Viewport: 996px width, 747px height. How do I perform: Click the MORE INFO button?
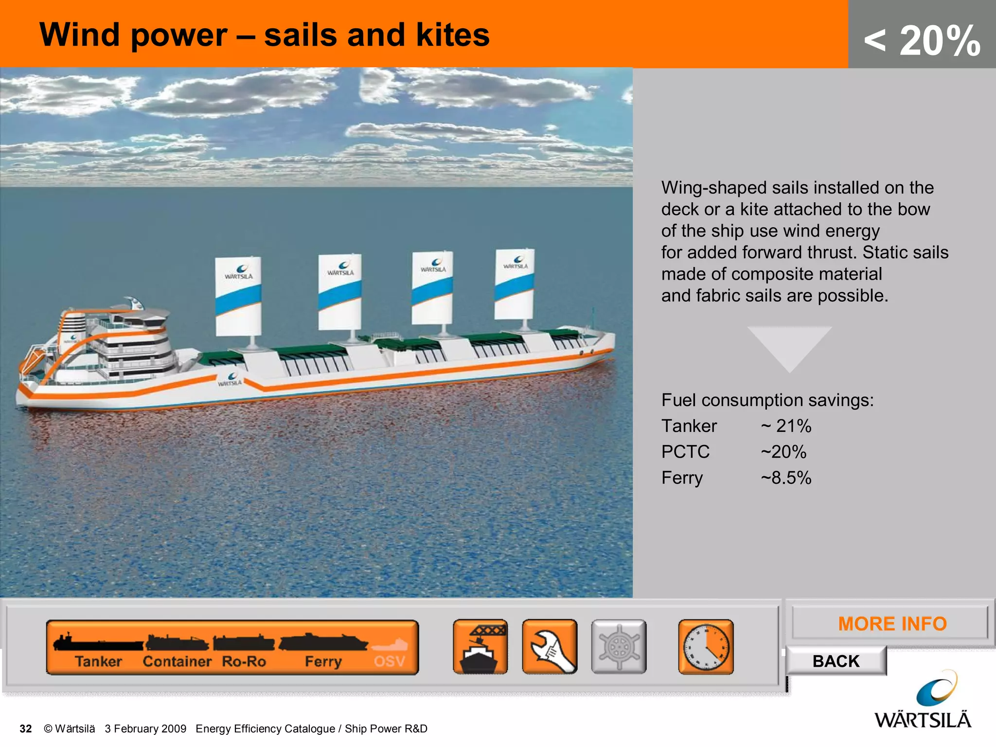[891, 623]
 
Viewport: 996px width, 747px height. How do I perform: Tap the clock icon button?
[706, 647]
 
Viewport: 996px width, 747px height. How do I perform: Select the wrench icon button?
[550, 647]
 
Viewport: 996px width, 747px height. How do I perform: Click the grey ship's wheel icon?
[619, 647]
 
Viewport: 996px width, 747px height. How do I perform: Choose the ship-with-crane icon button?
[480, 647]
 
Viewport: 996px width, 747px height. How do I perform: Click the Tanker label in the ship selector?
[98, 661]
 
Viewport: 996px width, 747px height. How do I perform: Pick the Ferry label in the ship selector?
[323, 661]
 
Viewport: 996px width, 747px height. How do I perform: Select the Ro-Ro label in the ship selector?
[244, 661]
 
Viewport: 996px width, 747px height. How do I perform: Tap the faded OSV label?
[390, 661]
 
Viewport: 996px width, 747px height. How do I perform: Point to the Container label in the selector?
[177, 661]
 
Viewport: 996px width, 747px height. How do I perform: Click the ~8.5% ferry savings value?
[786, 478]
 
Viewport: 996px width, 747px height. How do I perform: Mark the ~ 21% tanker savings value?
[786, 426]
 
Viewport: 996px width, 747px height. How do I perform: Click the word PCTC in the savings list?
[685, 452]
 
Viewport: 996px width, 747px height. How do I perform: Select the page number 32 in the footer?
[26, 729]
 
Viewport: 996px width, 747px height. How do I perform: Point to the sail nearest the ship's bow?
[515, 284]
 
